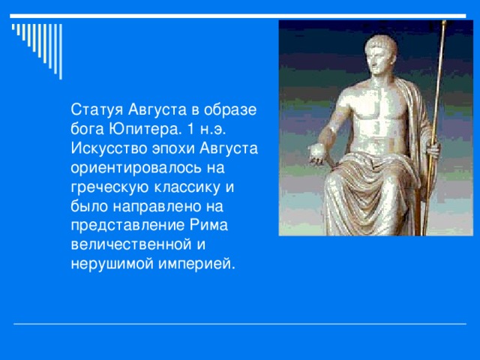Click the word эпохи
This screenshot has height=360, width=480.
pyautogui.click(x=168, y=148)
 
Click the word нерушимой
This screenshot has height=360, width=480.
pyautogui.click(x=103, y=265)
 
